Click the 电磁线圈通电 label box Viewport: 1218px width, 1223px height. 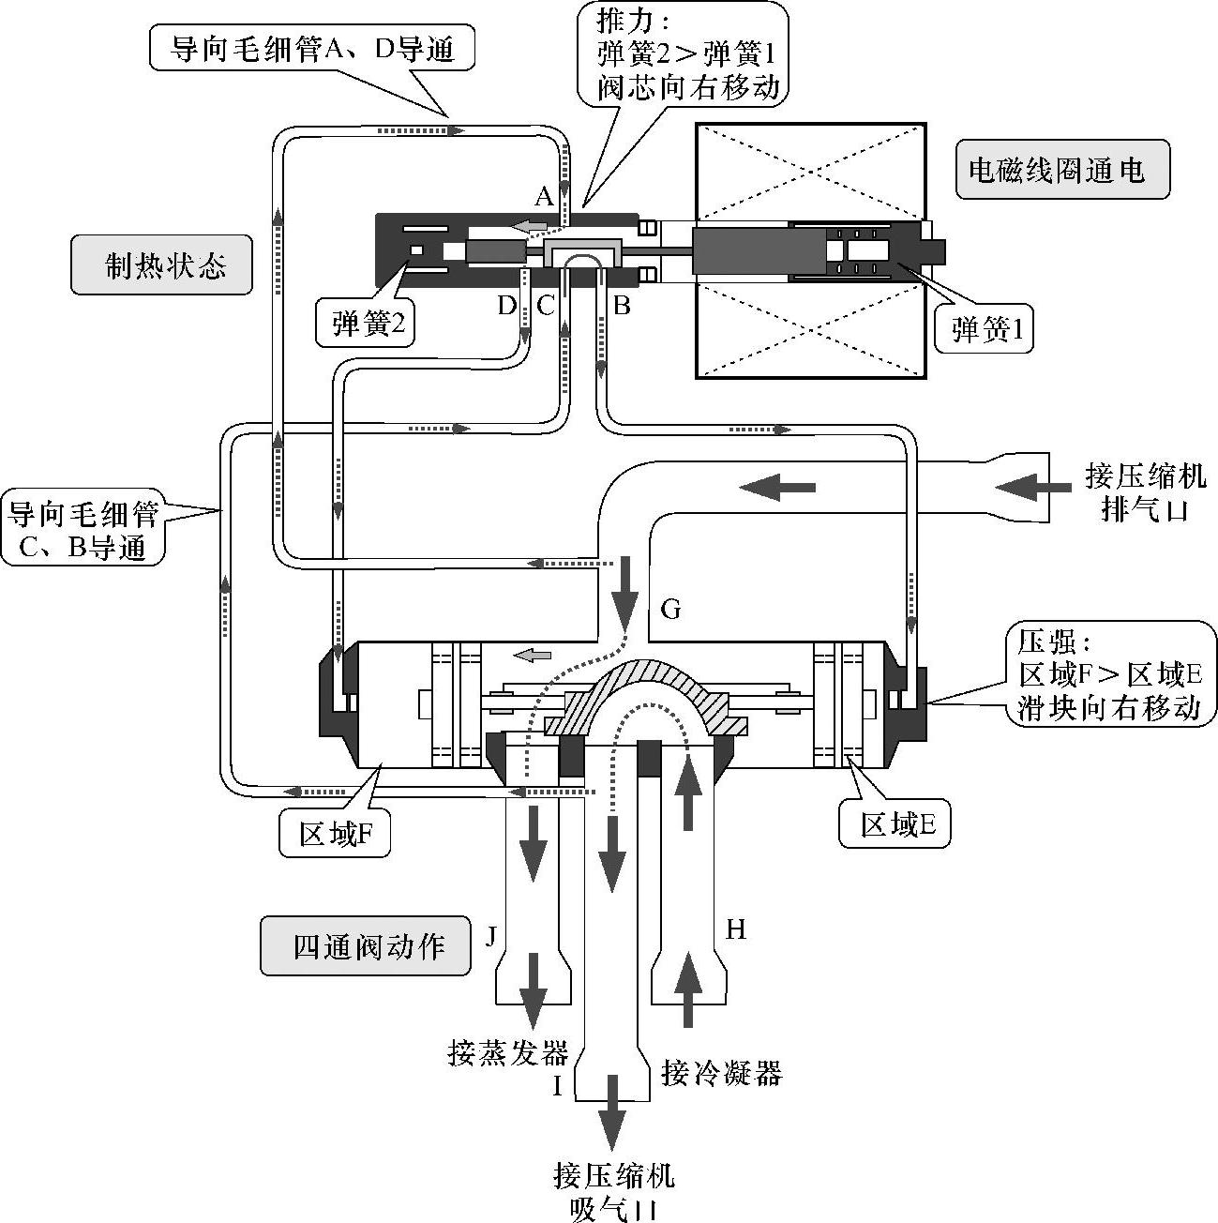pyautogui.click(x=1062, y=170)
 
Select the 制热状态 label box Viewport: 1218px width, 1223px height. pyautogui.click(x=161, y=265)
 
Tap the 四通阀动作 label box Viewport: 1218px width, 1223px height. pyautogui.click(x=366, y=945)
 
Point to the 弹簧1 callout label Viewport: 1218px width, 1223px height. pyautogui.click(x=984, y=328)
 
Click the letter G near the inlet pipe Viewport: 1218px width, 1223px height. pyautogui.click(x=670, y=610)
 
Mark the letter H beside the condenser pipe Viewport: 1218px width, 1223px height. pyautogui.click(x=736, y=929)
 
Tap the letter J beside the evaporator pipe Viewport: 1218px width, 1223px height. pyautogui.click(x=490, y=935)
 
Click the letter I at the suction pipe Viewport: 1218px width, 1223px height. pyautogui.click(x=557, y=1086)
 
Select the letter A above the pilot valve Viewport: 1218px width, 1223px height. pyautogui.click(x=544, y=197)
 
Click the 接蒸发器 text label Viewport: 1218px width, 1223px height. pyautogui.click(x=508, y=1053)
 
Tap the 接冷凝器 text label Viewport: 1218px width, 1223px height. pyautogui.click(x=721, y=1071)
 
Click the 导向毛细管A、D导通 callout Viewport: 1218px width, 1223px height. pyautogui.click(x=311, y=48)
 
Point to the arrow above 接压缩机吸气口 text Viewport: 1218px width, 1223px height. pyautogui.click(x=613, y=1111)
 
